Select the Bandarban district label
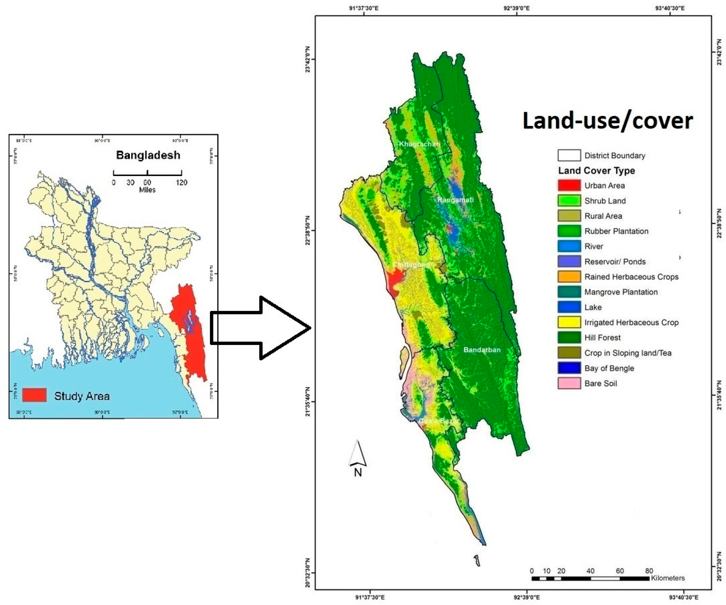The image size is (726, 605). click(482, 350)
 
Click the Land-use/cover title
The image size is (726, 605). click(607, 121)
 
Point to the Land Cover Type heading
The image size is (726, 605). click(596, 171)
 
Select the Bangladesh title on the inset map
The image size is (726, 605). click(148, 155)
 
